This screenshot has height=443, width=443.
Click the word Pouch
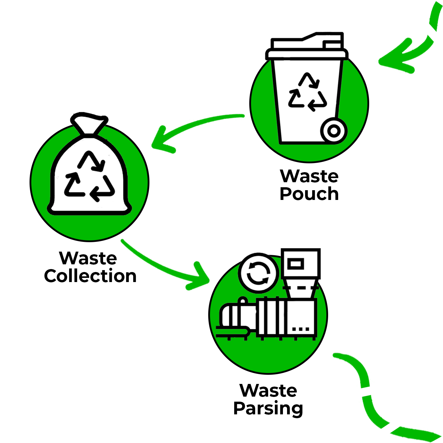click(x=309, y=194)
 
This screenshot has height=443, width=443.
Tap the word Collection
click(x=90, y=276)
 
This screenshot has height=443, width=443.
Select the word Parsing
click(x=268, y=409)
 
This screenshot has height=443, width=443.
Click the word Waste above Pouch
click(x=309, y=176)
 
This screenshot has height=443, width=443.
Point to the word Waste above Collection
click(x=88, y=258)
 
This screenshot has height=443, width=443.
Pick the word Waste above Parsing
click(x=268, y=390)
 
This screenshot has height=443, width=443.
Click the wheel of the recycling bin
click(x=334, y=131)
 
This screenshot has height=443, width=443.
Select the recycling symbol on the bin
click(x=308, y=92)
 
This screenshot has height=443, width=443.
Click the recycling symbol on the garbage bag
click(x=89, y=176)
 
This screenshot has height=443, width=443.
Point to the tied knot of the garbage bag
click(x=89, y=124)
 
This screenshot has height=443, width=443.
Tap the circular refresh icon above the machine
click(x=258, y=273)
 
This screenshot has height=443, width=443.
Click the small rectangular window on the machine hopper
click(x=296, y=264)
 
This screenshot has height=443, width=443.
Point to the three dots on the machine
click(x=301, y=329)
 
